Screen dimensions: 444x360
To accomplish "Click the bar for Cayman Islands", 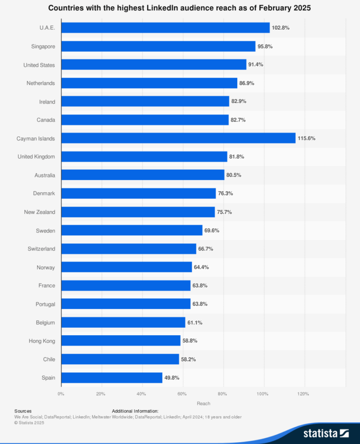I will pos(178,138).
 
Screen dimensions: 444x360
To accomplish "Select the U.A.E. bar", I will pos(165,28).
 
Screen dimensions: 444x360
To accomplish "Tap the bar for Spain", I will pos(112,377).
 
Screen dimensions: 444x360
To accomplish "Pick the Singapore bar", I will pos(158,46).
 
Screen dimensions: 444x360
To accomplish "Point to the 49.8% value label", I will pos(172,377).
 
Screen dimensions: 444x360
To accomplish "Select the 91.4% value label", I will pos(255,65).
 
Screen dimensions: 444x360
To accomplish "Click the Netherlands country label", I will pos(41,83).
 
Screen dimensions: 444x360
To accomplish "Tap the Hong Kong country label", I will pos(42,341).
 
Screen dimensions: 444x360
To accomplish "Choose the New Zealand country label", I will pos(39,212).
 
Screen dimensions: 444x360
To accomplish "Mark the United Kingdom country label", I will pos(36,157).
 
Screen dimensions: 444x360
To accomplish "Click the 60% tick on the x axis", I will pos(182,394).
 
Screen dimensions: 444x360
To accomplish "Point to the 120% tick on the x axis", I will pos(303,394).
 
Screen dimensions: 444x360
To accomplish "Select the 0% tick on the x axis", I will pos(61,394).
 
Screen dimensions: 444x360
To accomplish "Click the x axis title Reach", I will pos(203,403).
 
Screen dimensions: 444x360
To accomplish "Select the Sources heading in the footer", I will pos(23,411).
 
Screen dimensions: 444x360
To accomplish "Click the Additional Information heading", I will pos(135,411).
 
